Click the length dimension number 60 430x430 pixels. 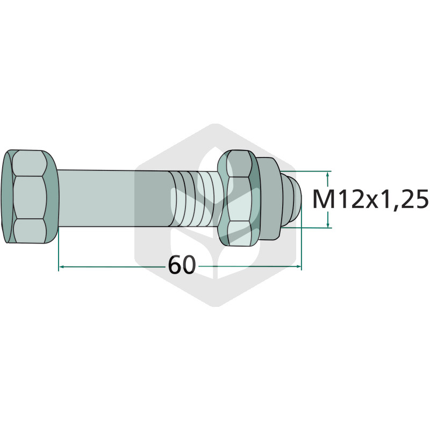pyautogui.click(x=182, y=265)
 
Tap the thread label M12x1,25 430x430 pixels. pyautogui.click(x=370, y=199)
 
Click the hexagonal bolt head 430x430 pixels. pyautogui.click(x=30, y=196)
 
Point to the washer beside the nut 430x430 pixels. pyautogui.click(x=269, y=198)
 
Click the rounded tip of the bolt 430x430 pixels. pyautogui.click(x=292, y=199)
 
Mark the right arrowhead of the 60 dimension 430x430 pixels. pyautogui.click(x=298, y=266)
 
